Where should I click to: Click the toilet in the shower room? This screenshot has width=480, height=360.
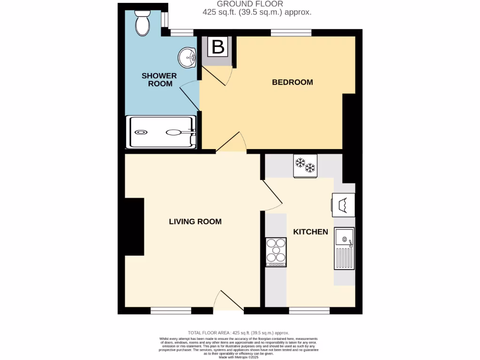pos(142,23)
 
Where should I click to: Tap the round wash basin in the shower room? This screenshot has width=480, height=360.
pos(187,58)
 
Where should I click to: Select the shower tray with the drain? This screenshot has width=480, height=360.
pos(162,132)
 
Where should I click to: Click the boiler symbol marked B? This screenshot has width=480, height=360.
pos(218,47)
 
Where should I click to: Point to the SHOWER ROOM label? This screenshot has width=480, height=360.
pos(159,80)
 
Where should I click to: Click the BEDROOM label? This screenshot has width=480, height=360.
pos(292,82)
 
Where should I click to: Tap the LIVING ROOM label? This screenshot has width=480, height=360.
pos(195,222)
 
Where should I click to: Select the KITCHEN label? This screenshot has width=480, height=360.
pos(310,232)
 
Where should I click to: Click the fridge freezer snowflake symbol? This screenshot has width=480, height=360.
pos(305,166)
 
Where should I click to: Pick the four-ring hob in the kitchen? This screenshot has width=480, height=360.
pos(276,252)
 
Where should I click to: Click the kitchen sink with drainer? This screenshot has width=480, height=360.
pos(344,248)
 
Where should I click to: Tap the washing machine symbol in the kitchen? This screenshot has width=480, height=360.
pos(343,205)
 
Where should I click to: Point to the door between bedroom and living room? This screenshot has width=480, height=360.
pos(231,143)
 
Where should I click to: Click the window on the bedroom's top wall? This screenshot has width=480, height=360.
pos(291,32)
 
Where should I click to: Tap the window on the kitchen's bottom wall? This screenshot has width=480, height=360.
pos(309,310)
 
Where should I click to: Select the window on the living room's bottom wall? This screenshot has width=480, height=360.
pos(171,310)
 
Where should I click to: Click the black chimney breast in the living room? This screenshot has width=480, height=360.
pos(134,227)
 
